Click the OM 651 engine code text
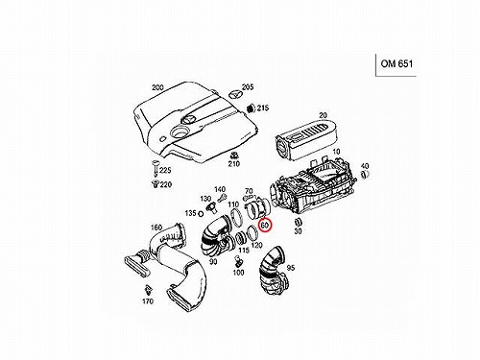(396, 63)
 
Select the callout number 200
(157, 87)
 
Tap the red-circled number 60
(265, 225)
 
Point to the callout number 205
(248, 87)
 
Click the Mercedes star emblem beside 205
(235, 95)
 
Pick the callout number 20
(323, 115)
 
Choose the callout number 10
(336, 152)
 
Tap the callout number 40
(365, 166)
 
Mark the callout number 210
(234, 164)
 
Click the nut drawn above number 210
(234, 156)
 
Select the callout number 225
(165, 170)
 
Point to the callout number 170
(148, 301)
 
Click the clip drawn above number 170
(148, 290)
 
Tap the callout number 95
(291, 268)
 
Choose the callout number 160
(156, 228)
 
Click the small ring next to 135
(201, 213)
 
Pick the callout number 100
(238, 273)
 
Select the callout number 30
(298, 231)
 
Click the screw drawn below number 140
(222, 199)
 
